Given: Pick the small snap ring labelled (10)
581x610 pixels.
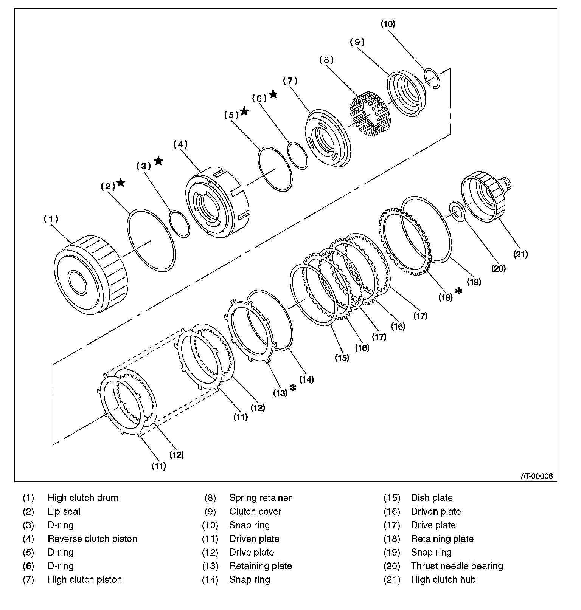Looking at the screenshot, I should tap(433, 78).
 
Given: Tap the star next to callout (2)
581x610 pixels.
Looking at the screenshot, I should tap(121, 183).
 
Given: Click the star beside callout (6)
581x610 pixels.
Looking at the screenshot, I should tap(273, 94).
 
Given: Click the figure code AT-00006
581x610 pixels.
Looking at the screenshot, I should tap(536, 476).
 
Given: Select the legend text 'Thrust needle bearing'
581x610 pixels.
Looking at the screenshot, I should tap(457, 566).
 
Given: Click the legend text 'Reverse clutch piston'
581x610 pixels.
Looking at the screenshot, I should tap(92, 539).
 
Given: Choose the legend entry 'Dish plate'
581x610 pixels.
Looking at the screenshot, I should tap(431, 498).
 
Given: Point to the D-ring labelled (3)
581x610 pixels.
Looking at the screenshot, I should tap(179, 224).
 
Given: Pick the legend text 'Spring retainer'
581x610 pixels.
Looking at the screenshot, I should tap(260, 498).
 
